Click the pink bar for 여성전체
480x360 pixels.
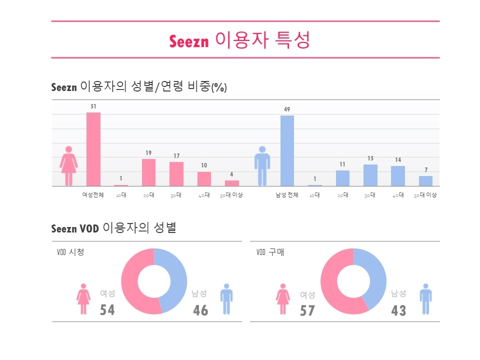click(93, 149)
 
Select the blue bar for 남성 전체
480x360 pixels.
click(287, 150)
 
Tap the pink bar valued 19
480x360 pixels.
click(149, 172)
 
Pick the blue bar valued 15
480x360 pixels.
click(370, 175)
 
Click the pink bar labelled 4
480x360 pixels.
click(232, 183)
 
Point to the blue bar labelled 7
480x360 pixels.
click(425, 180)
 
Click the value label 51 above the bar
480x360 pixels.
click(93, 106)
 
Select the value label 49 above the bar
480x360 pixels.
click(287, 109)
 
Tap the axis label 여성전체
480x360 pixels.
click(93, 195)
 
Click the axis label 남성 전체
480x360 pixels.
click(287, 195)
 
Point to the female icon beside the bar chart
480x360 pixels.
click(69, 166)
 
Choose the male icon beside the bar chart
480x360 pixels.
click(261, 166)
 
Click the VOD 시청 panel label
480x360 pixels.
click(70, 252)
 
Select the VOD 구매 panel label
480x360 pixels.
click(269, 252)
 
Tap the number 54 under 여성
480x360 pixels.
click(107, 310)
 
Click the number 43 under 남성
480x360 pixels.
click(398, 310)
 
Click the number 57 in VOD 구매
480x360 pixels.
click(307, 310)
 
